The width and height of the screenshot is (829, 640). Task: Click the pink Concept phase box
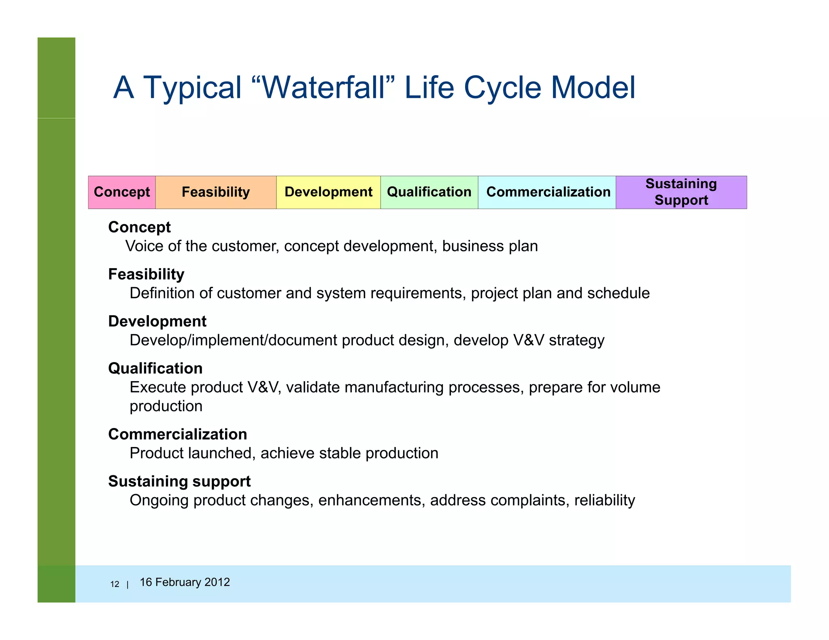[x=122, y=192]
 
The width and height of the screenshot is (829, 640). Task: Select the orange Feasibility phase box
[x=216, y=192]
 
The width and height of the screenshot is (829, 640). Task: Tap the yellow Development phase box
[x=328, y=192]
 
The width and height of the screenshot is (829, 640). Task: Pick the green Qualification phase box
[x=429, y=192]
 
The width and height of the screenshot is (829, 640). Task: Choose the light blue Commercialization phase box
[x=548, y=192]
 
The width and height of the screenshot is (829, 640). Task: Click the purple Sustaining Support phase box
[x=681, y=192]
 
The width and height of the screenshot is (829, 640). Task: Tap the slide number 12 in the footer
[x=115, y=584]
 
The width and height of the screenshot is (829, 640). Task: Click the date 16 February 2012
[x=185, y=582]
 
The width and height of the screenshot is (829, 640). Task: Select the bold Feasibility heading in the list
[x=146, y=274]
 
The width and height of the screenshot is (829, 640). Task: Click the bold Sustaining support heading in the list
[x=179, y=481]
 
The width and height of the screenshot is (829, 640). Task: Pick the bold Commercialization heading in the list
[x=177, y=434]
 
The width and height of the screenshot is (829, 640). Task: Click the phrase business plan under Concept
[x=490, y=246]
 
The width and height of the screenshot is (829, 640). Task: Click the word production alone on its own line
[x=166, y=407]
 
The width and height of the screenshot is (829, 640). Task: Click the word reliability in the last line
[x=604, y=500]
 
